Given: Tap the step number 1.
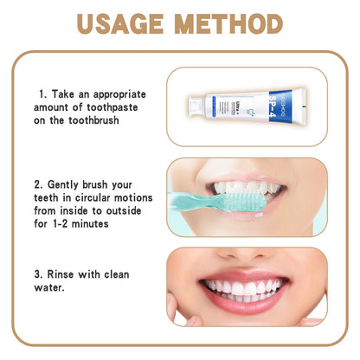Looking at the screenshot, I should [x=42, y=93].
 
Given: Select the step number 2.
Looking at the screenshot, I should [x=39, y=184].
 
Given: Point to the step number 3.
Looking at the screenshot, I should [x=39, y=274].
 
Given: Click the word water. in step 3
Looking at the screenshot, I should [x=50, y=288].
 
